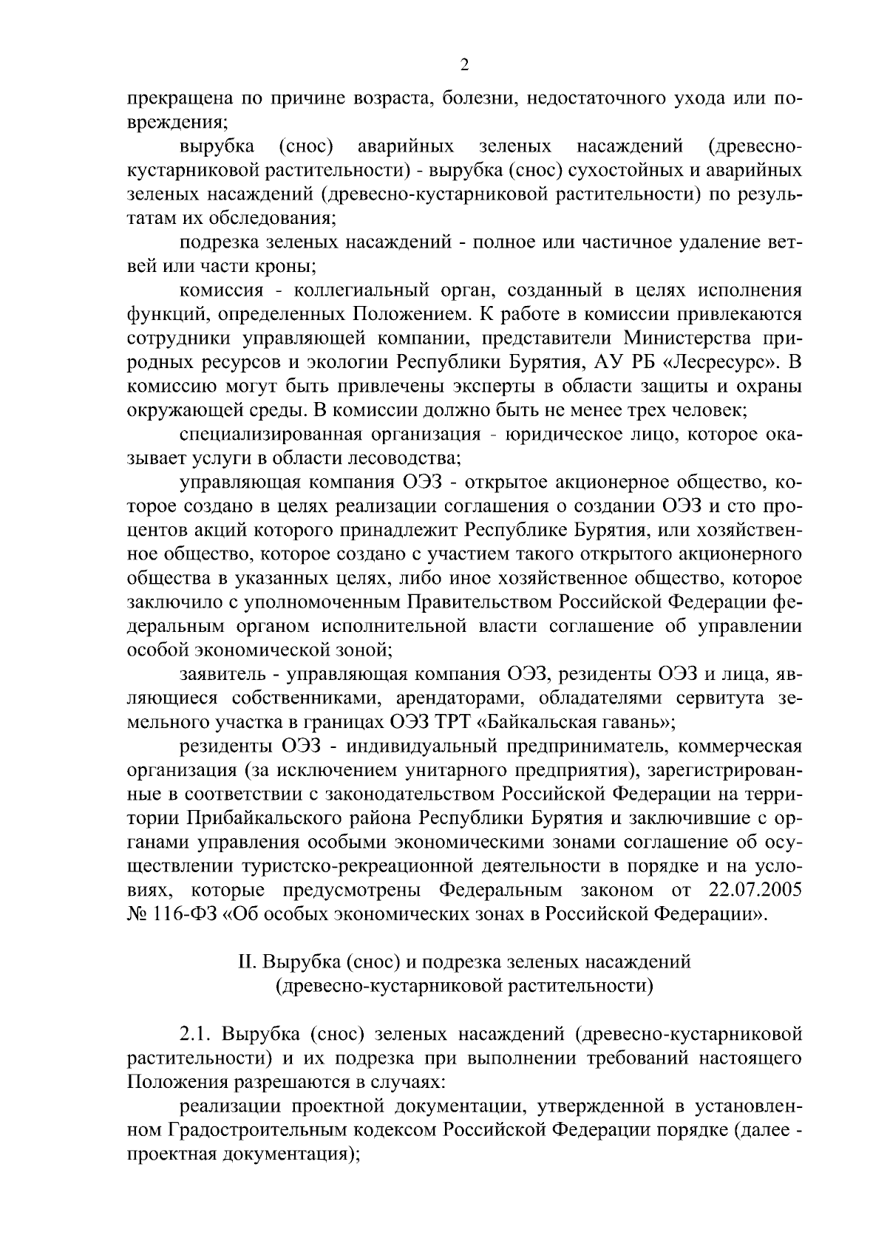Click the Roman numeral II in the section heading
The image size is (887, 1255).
tap(245, 962)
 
